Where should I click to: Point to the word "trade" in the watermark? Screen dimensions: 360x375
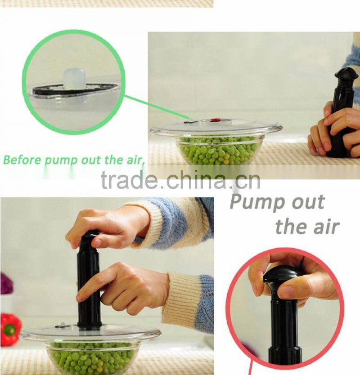pyautogui.click(x=130, y=179)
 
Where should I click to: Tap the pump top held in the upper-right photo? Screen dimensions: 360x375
pyautogui.click(x=346, y=74)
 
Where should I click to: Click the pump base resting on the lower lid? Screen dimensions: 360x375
pyautogui.click(x=89, y=325)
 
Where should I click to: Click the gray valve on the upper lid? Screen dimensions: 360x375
pyautogui.click(x=190, y=122)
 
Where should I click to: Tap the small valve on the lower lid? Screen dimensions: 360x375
pyautogui.click(x=62, y=326)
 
